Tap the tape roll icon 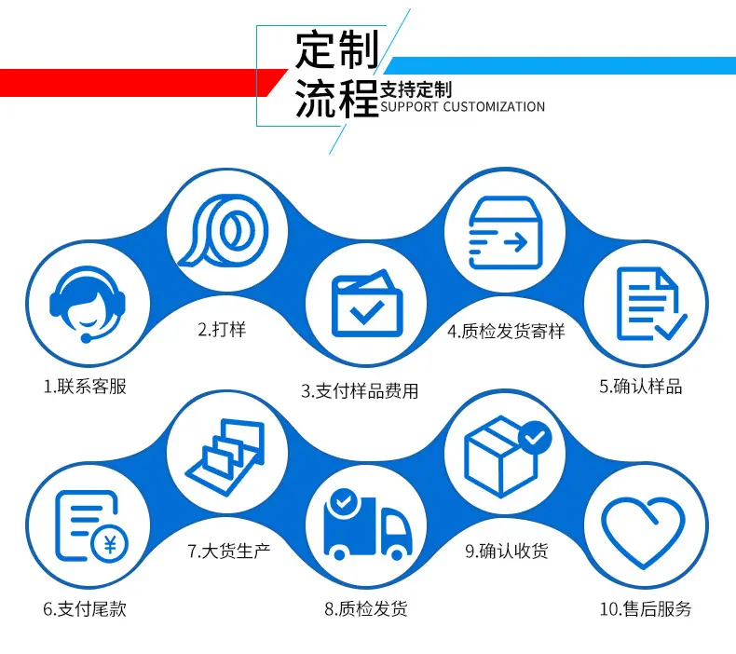click(223, 231)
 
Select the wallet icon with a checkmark click(367, 304)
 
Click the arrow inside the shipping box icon click(515, 243)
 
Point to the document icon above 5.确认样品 click(651, 304)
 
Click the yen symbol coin click(110, 544)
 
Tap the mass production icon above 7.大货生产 click(225, 456)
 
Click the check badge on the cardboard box click(535, 438)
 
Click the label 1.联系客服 click(85, 387)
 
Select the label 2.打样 click(222, 330)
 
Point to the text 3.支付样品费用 click(360, 391)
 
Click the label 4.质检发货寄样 click(506, 332)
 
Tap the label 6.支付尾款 click(85, 609)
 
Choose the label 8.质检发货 click(366, 609)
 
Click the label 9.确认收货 click(507, 551)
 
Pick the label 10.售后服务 click(646, 609)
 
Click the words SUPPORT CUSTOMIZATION click(462, 107)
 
